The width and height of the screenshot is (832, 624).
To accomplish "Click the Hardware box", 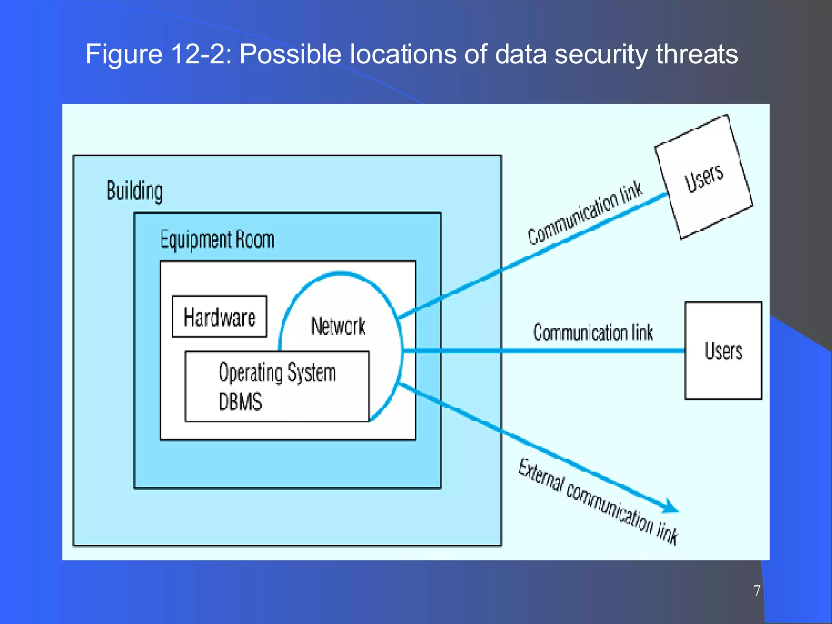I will [x=219, y=317].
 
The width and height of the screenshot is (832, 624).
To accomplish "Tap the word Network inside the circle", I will [x=338, y=326].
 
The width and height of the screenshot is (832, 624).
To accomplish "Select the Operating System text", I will [x=277, y=373].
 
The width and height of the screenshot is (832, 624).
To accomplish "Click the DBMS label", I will [x=240, y=401].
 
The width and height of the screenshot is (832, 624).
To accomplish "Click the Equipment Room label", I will [x=217, y=240].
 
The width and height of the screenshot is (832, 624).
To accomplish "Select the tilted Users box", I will [x=704, y=177].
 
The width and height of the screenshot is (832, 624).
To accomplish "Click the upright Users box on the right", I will [x=723, y=351].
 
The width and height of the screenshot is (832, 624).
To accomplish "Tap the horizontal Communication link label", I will [x=593, y=333].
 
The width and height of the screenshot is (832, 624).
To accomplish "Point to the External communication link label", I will [x=598, y=502].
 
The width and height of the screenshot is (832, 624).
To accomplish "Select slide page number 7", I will [x=756, y=591].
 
